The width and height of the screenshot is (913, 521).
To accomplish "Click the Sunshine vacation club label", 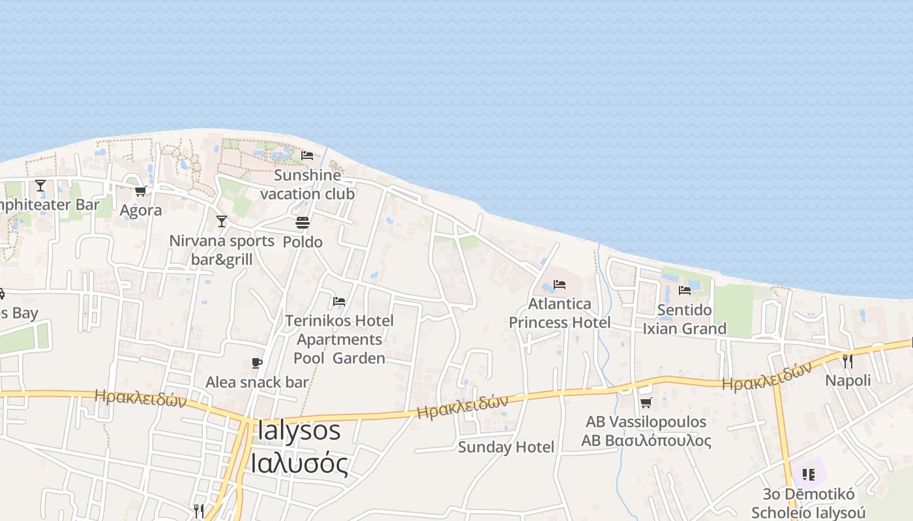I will [307, 184].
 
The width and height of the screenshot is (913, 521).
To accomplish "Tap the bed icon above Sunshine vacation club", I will [307, 156].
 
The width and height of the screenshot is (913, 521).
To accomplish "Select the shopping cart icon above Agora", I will [140, 191].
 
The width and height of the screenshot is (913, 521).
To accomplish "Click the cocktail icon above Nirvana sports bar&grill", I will [222, 221].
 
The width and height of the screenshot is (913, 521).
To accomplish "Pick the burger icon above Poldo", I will [302, 223].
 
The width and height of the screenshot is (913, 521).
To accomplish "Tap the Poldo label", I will [302, 242].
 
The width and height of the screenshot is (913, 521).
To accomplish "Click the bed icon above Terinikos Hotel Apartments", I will [339, 302].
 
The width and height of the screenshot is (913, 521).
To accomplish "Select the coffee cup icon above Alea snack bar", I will [257, 363].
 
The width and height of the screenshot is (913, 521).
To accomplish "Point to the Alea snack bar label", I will [257, 382].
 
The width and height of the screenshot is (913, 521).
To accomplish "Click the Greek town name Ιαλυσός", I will [299, 463].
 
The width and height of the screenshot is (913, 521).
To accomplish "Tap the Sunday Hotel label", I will [506, 447].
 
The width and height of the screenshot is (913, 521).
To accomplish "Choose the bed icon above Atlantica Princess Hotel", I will [560, 285].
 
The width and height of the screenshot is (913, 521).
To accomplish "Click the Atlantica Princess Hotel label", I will [560, 313].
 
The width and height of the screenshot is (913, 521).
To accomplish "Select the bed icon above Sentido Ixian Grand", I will [685, 290].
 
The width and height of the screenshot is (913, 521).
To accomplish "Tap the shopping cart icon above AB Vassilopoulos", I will [646, 403].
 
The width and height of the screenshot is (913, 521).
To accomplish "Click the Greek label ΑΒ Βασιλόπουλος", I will [646, 440].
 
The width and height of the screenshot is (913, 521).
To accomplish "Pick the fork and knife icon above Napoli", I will [848, 361].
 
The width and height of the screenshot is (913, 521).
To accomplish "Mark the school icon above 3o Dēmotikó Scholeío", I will [809, 474].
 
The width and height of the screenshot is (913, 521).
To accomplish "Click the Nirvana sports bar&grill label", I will [222, 250].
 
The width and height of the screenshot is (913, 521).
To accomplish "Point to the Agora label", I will [141, 210].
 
